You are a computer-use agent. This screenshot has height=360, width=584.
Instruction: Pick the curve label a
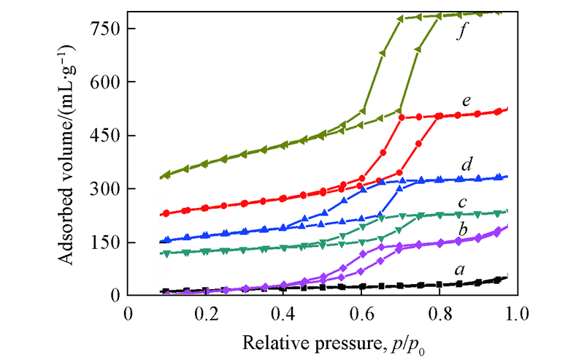click(459, 269)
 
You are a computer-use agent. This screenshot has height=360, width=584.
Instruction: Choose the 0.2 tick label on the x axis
click(206, 315)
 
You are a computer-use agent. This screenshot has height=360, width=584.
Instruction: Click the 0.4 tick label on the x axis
click(284, 315)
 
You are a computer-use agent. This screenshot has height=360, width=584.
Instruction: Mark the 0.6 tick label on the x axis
click(361, 315)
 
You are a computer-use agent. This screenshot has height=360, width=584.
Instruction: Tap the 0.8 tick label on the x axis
click(439, 315)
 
